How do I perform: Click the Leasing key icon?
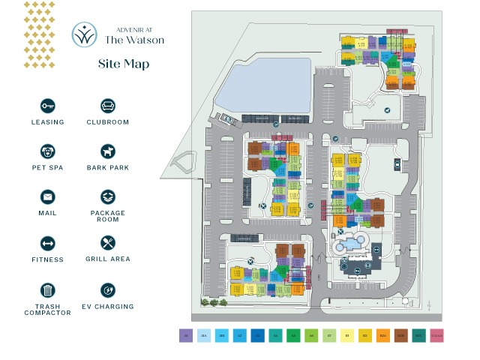[x=48, y=106]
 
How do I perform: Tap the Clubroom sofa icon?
[x=107, y=106]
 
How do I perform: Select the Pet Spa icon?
[x=48, y=151]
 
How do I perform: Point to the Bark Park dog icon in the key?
[x=107, y=151]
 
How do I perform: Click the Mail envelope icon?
[x=48, y=196]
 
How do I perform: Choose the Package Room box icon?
[x=107, y=196]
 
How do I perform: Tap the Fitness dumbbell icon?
[x=48, y=243]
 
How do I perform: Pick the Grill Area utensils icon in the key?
[x=107, y=243]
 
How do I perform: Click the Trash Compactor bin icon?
[x=48, y=289]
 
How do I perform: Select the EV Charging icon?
[x=107, y=289]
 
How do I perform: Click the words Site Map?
[x=124, y=64]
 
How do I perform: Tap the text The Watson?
[x=135, y=40]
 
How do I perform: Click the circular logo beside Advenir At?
[x=84, y=34]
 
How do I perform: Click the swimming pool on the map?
[x=347, y=245]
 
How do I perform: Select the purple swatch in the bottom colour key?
[x=185, y=337]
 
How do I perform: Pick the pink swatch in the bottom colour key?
[x=436, y=337]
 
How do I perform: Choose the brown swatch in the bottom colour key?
[x=400, y=337]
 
